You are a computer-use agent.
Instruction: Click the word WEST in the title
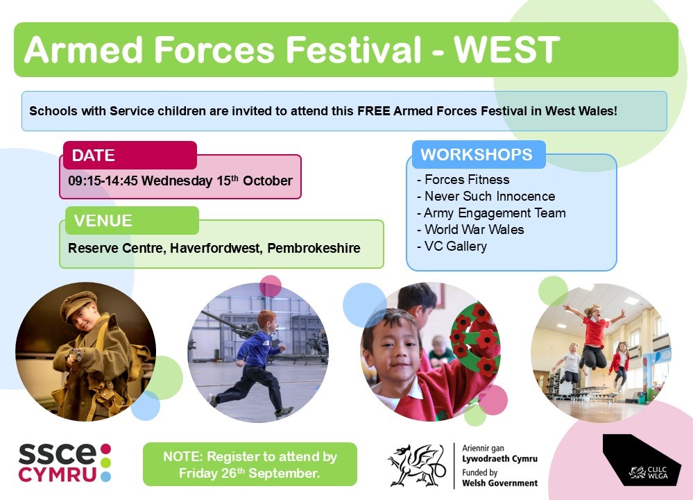pyautogui.click(x=507, y=49)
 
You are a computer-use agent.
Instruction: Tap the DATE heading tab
pyautogui.click(x=130, y=155)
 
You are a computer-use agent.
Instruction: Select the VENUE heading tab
pyautogui.click(x=132, y=220)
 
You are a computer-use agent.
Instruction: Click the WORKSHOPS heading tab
pyautogui.click(x=479, y=154)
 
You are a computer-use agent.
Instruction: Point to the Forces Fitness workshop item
pyautogui.click(x=463, y=180)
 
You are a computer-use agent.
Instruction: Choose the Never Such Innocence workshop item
pyautogui.click(x=486, y=196)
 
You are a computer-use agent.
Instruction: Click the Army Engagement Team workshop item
pyautogui.click(x=491, y=212)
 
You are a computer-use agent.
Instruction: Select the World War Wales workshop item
pyautogui.click(x=470, y=229)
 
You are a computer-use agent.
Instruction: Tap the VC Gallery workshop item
pyautogui.click(x=452, y=246)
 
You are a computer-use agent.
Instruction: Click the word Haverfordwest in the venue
pyautogui.click(x=216, y=248)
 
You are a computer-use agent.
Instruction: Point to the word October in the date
pyautogui.click(x=267, y=181)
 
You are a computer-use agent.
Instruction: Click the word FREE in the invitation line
pyautogui.click(x=373, y=110)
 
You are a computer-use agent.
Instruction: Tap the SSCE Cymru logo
pyautogui.click(x=65, y=462)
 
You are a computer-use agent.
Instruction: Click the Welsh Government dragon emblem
pyautogui.click(x=416, y=465)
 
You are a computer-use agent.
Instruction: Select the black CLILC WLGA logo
pyautogui.click(x=642, y=460)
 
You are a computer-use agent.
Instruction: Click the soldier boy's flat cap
pyautogui.click(x=78, y=305)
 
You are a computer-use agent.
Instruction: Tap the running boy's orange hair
pyautogui.click(x=266, y=318)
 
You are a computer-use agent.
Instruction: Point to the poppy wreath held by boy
pyautogui.click(x=476, y=340)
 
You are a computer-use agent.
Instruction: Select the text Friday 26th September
pyautogui.click(x=249, y=474)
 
